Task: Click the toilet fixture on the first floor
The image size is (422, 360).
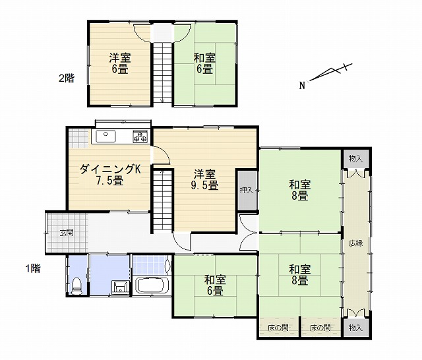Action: pyautogui.click(x=76, y=285)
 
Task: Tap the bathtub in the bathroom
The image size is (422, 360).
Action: pyautogui.click(x=152, y=285)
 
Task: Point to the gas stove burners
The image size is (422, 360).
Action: pyautogui.click(x=140, y=136)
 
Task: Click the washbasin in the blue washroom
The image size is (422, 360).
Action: pyautogui.click(x=120, y=287)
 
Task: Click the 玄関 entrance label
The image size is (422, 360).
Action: pyautogui.click(x=67, y=233)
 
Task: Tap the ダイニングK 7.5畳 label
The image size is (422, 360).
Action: pyautogui.click(x=110, y=175)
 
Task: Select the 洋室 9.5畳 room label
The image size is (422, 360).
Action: pyautogui.click(x=205, y=179)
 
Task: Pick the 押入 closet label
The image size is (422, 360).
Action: pyautogui.click(x=247, y=191)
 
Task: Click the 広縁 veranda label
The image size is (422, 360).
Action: pyautogui.click(x=356, y=243)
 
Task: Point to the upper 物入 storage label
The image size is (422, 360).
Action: pyautogui.click(x=355, y=159)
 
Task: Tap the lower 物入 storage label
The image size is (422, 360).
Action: pyautogui.click(x=355, y=328)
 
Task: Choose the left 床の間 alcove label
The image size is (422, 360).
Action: pyautogui.click(x=278, y=328)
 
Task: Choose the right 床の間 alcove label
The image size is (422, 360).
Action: pyautogui.click(x=320, y=328)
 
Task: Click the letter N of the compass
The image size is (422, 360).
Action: pyautogui.click(x=303, y=86)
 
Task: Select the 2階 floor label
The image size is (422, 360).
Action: pyautogui.click(x=67, y=78)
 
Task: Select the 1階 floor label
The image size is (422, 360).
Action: pyautogui.click(x=33, y=268)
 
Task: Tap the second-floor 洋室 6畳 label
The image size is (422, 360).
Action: pyautogui.click(x=120, y=63)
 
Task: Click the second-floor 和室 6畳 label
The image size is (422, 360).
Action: pyautogui.click(x=204, y=63)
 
